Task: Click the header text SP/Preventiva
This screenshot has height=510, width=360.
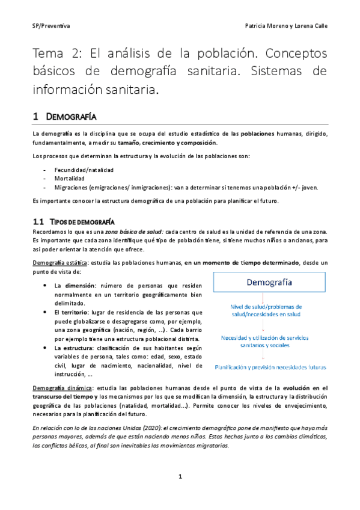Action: pyautogui.click(x=51, y=26)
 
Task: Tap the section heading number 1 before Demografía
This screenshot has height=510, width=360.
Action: pyautogui.click(x=35, y=115)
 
